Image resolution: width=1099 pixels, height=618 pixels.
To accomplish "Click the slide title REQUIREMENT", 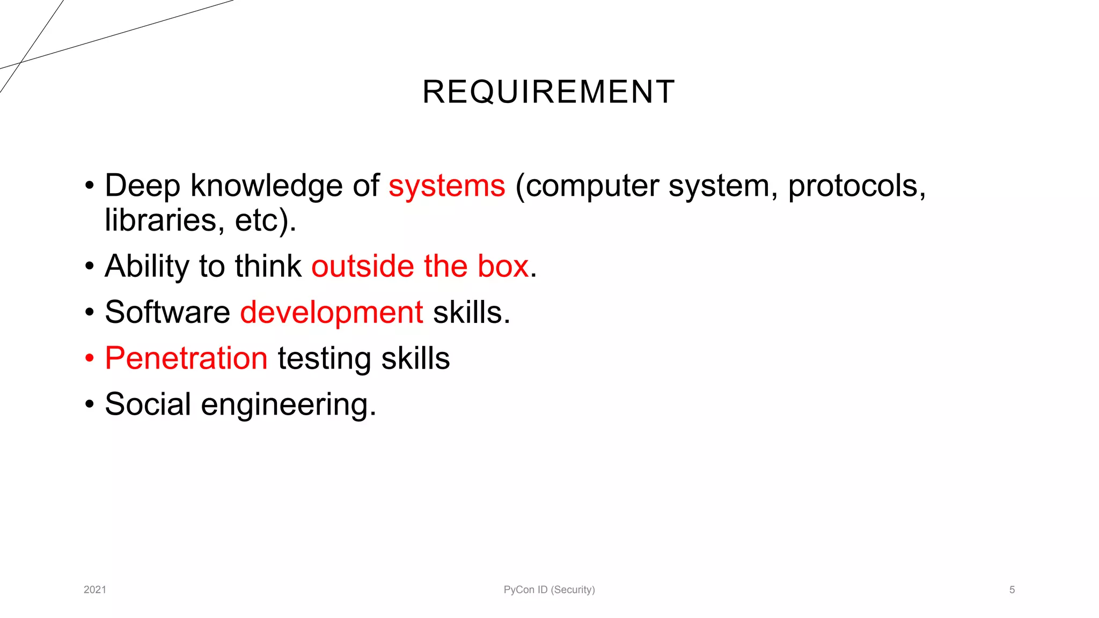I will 548,92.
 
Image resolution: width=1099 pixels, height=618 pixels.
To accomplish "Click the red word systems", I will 446,186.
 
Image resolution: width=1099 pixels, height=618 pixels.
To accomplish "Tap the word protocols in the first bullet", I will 856,186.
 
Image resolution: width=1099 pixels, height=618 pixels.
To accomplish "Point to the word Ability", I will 147,267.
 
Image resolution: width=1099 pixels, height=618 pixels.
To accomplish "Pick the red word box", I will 503,266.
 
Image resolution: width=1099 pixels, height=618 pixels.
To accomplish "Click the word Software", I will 167,312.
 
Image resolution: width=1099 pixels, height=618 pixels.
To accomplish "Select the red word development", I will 331,313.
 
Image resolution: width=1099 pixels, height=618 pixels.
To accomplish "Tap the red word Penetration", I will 186,358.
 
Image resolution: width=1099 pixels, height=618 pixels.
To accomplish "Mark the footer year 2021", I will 95,590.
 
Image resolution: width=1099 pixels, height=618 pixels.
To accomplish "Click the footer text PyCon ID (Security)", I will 549,590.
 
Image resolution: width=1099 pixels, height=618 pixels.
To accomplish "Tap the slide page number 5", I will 1012,590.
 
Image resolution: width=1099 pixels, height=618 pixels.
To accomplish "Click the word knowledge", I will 266,186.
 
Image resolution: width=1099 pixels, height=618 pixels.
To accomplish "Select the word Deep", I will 142,186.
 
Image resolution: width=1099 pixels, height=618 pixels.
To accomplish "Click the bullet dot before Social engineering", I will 90,404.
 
